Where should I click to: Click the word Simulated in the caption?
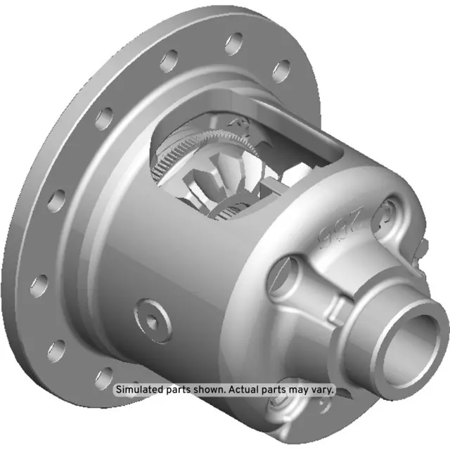point(139,390)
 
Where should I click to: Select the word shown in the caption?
point(212,390)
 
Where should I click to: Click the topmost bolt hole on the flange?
point(234,41)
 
